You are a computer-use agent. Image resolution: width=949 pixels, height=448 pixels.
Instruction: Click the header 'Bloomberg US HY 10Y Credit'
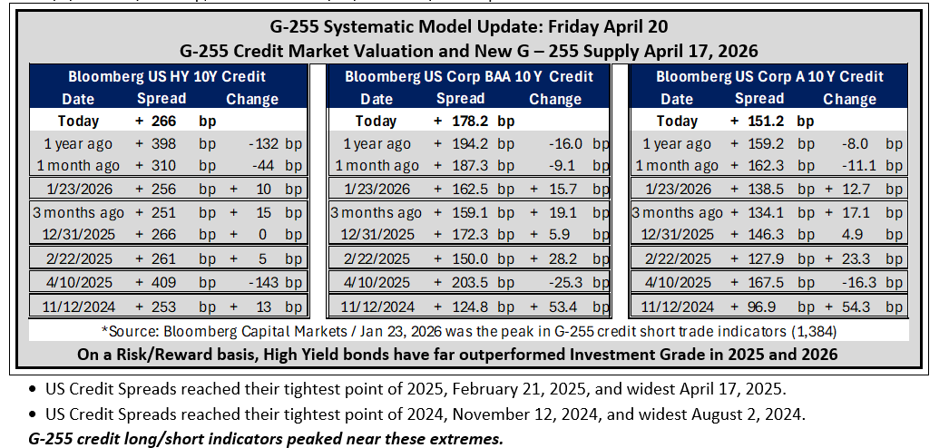point(167,77)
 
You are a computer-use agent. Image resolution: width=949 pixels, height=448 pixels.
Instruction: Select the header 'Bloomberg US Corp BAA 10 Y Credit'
point(469,77)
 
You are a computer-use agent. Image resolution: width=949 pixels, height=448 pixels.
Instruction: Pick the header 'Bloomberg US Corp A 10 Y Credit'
point(770,77)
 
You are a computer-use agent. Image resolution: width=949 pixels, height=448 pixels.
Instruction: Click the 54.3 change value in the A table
point(852,307)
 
